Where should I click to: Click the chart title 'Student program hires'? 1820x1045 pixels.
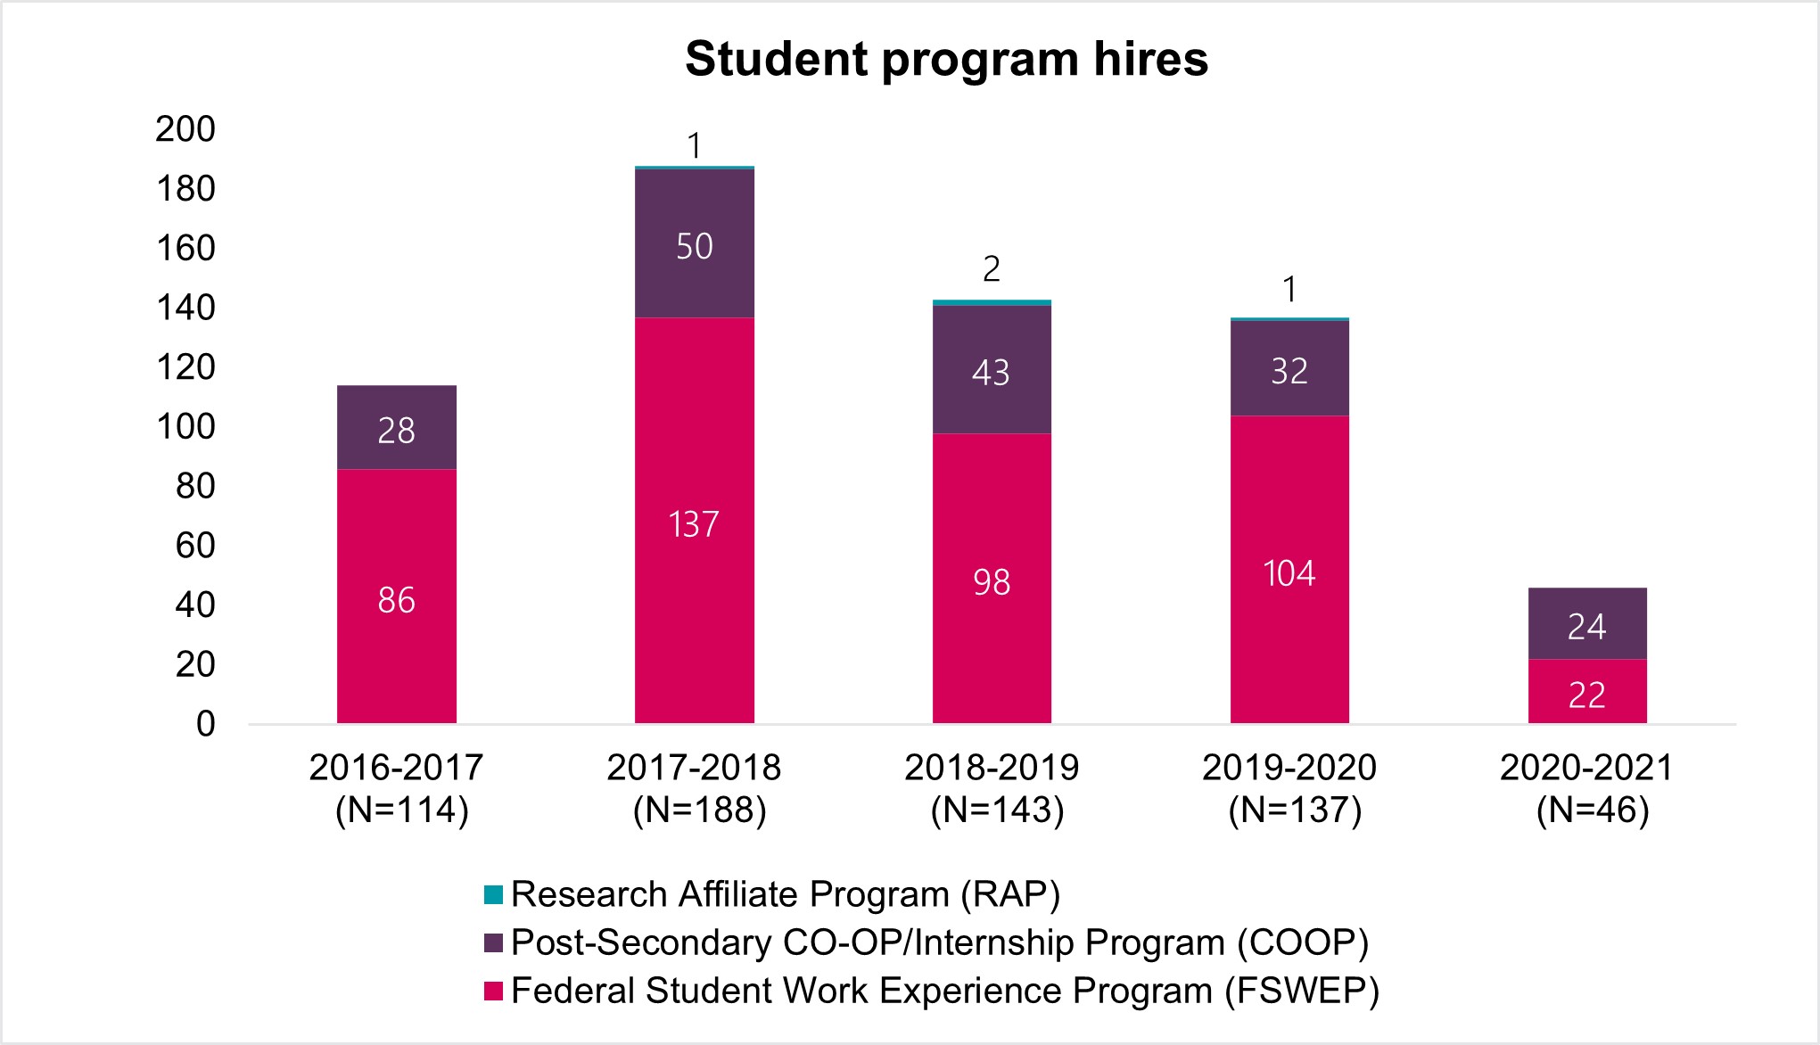(946, 60)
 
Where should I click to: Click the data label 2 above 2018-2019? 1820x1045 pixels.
(992, 269)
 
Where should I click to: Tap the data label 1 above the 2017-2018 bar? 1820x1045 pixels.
(695, 146)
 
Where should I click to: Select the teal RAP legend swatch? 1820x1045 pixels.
(493, 894)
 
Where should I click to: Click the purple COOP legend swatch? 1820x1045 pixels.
(493, 942)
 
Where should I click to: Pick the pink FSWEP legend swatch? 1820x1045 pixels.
(493, 991)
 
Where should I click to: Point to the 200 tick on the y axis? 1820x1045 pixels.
(185, 129)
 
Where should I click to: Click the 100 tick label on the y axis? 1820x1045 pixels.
(185, 427)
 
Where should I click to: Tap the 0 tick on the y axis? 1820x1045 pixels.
(205, 724)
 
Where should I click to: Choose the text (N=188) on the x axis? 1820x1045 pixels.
(700, 810)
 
